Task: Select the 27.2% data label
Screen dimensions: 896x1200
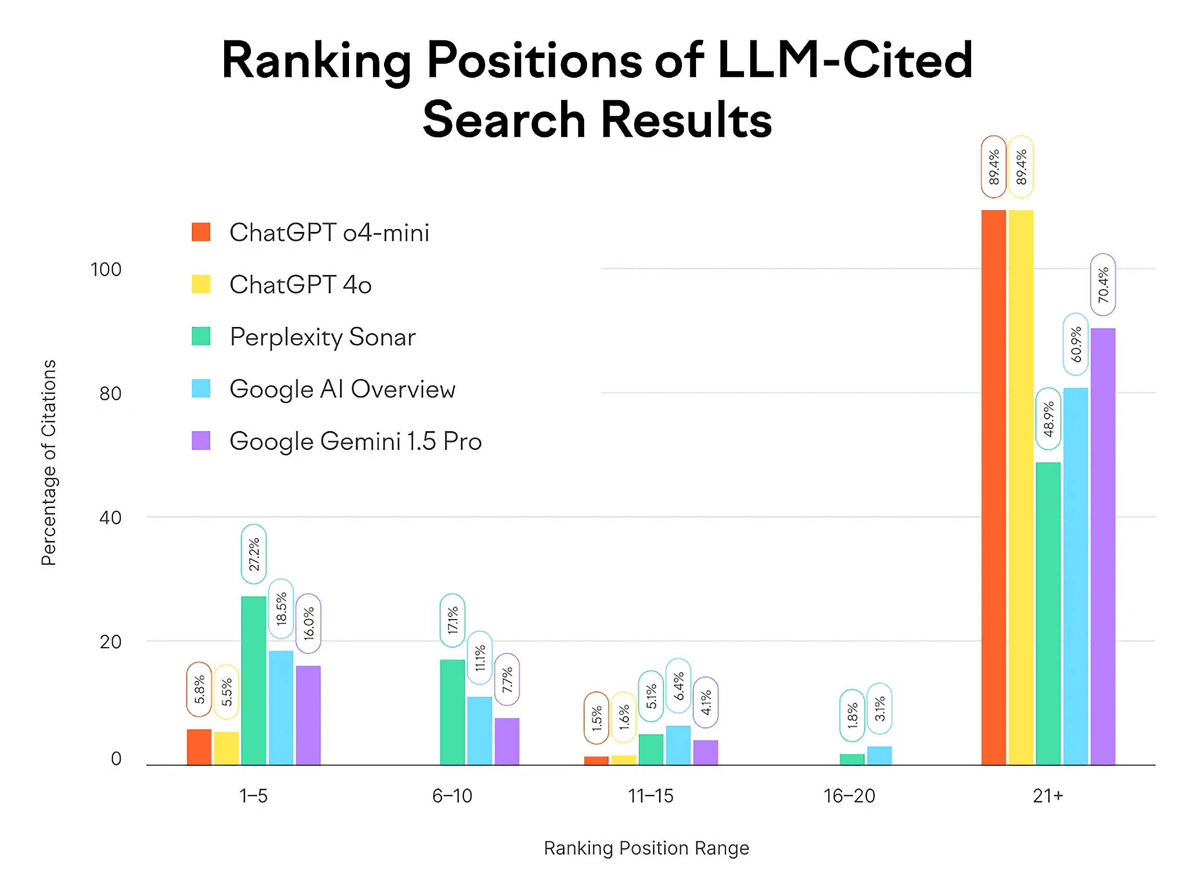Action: point(253,554)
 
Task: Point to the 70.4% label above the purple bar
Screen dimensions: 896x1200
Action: point(1102,284)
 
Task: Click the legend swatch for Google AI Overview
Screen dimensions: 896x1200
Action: point(201,388)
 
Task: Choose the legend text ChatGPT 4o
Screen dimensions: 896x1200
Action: point(300,284)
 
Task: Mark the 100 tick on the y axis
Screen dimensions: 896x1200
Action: point(106,269)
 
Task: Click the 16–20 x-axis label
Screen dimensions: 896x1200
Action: point(849,795)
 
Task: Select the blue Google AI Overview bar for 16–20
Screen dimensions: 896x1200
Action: point(878,755)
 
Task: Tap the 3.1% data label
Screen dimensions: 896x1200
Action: point(878,708)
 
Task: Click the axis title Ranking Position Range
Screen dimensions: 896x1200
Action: point(646,847)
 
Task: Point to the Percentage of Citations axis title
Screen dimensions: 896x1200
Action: point(49,462)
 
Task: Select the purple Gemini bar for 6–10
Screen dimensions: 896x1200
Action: point(506,741)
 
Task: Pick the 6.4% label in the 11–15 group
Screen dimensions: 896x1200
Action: point(678,686)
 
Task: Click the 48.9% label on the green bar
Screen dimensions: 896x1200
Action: point(1048,418)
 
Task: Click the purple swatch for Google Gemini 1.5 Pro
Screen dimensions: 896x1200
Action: point(201,440)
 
